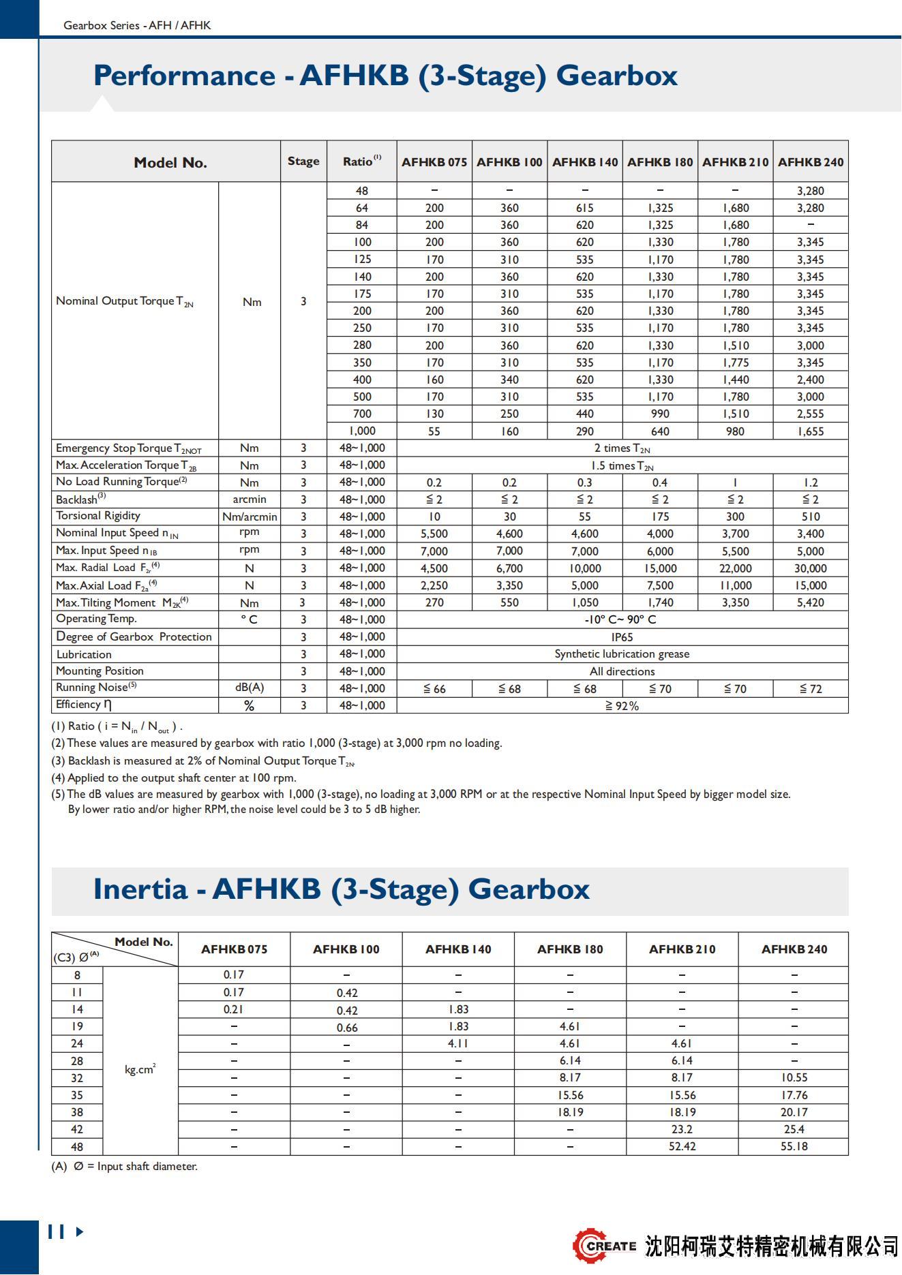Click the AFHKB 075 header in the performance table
434,162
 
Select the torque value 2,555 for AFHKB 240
810,414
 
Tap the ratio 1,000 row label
362,431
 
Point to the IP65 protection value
622,636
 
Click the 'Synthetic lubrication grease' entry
622,654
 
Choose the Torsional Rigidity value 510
810,517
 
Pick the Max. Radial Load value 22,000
735,568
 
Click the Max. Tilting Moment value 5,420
810,602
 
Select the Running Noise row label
96,688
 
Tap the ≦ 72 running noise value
810,689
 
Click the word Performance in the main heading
183,75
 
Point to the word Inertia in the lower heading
140,889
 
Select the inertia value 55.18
794,1146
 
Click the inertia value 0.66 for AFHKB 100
346,1027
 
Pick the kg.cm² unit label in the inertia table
140,1069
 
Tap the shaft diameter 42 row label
77,1129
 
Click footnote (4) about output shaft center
174,778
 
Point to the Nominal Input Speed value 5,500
434,534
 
